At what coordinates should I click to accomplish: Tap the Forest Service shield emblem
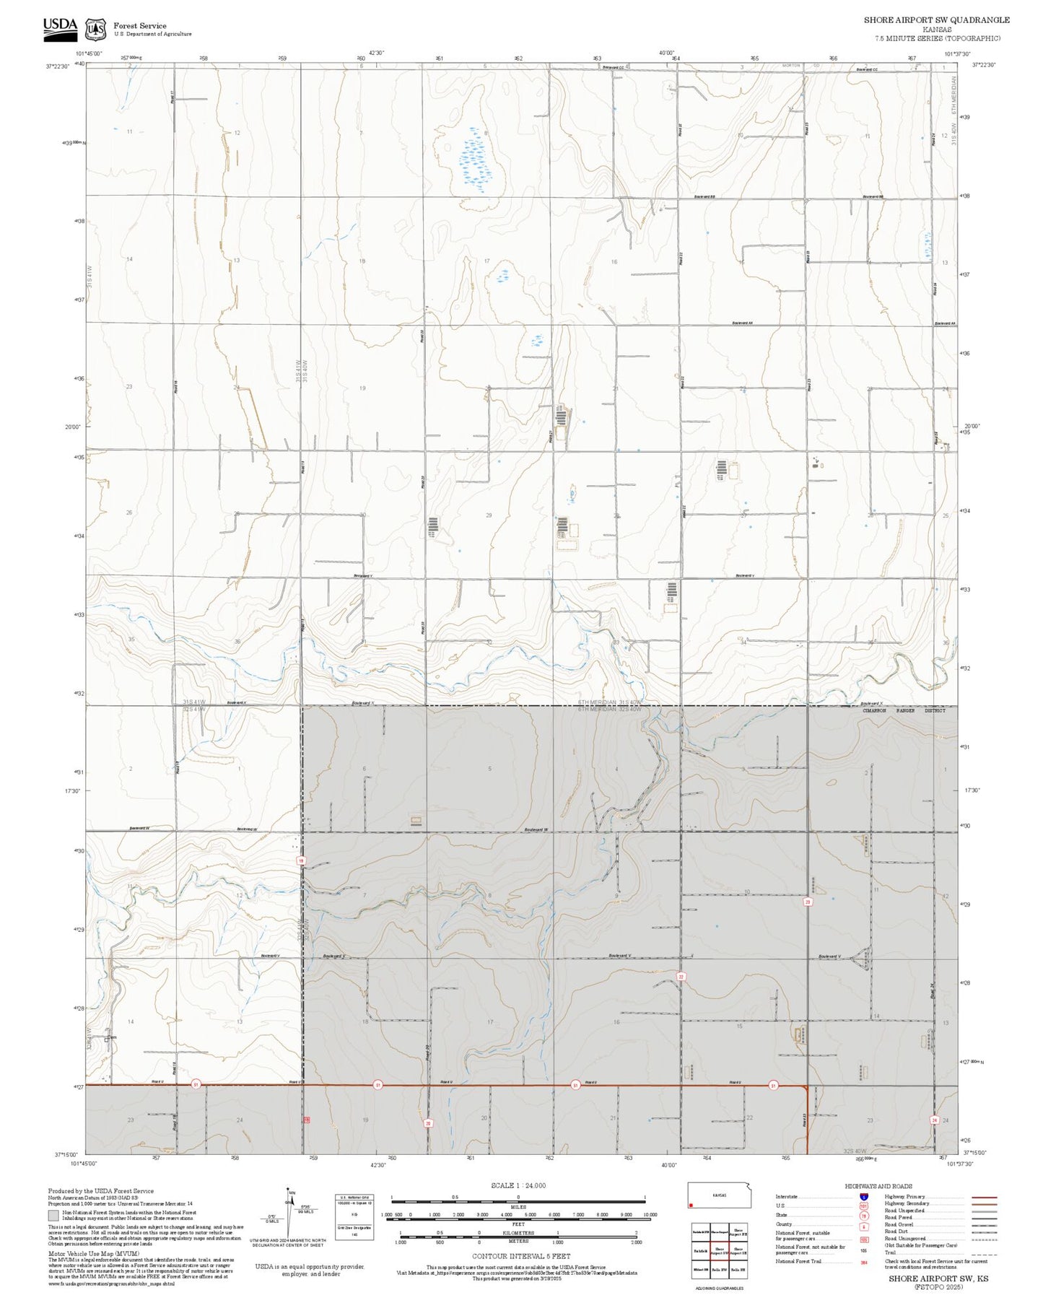(x=95, y=30)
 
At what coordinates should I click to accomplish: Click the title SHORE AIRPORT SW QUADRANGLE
(x=936, y=20)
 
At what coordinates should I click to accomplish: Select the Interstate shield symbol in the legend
(x=863, y=1197)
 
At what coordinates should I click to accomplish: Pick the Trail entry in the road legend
(x=883, y=1252)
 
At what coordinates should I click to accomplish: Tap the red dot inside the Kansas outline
(x=692, y=1205)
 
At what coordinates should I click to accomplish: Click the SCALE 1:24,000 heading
(x=518, y=1185)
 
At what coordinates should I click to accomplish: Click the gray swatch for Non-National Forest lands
(x=53, y=1216)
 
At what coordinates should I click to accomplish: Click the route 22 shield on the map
(x=681, y=977)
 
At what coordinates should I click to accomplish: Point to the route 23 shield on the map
(x=808, y=902)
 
